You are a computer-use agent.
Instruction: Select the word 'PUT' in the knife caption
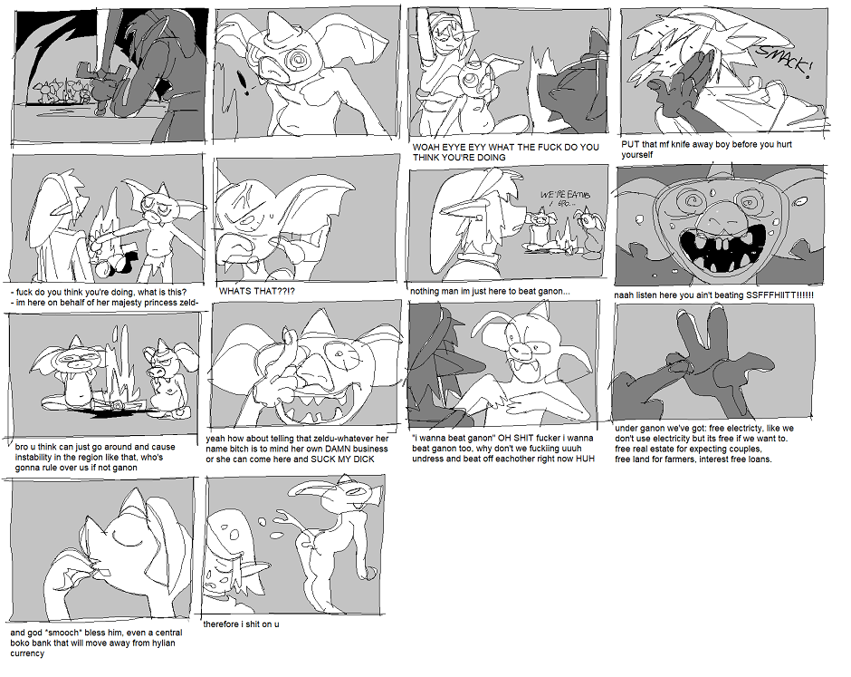point(630,144)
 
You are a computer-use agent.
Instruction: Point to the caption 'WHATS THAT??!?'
point(257,291)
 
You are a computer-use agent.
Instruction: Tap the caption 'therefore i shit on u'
point(241,624)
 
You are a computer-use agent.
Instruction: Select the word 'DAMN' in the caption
point(338,449)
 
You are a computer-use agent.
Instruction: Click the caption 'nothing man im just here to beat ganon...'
point(490,291)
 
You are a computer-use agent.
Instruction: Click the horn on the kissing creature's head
point(135,503)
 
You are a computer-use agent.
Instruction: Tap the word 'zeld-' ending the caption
point(187,303)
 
